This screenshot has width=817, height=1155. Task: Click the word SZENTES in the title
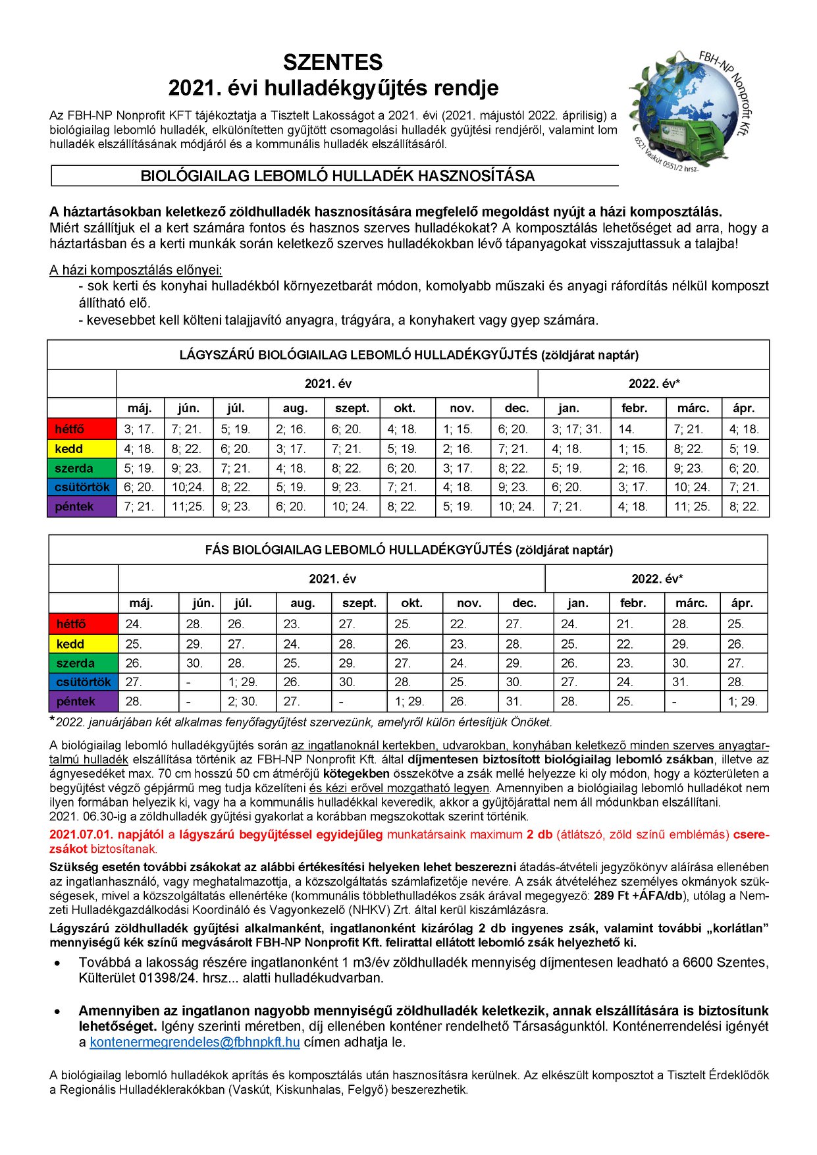pos(332,63)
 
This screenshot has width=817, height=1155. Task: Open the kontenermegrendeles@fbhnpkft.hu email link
pos(195,1042)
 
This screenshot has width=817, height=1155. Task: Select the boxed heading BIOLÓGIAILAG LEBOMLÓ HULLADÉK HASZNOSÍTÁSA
pos(337,176)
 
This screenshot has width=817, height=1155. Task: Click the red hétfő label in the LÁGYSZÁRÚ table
pos(70,429)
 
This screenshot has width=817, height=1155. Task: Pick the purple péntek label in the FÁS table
pos(76,701)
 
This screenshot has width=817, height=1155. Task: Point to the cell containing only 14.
pos(626,429)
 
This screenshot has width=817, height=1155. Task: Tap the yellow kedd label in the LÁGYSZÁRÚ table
pos(69,449)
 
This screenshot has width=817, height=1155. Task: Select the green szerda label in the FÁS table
pos(75,663)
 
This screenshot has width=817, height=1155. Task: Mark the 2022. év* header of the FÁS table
pos(656,579)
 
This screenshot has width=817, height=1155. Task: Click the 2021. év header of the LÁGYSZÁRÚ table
pos(327,383)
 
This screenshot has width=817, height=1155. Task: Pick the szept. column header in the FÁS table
pos(359,603)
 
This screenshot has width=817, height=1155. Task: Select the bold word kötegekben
pos(356,774)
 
